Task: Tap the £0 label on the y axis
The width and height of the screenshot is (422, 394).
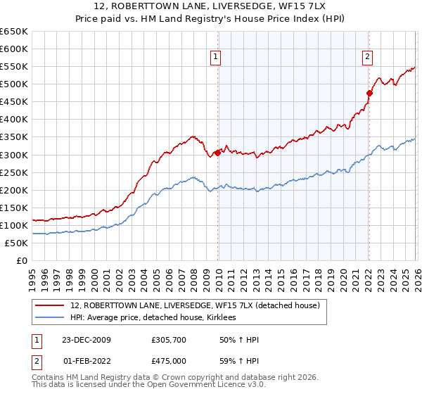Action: point(21,260)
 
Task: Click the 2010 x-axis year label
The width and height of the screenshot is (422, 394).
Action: point(218,274)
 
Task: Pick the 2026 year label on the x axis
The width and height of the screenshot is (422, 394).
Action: point(416,274)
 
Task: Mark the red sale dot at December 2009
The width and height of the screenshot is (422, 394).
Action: point(217,153)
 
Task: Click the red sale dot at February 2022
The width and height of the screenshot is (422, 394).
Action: point(369,93)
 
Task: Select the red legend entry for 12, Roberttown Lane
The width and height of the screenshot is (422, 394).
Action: point(196,305)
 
